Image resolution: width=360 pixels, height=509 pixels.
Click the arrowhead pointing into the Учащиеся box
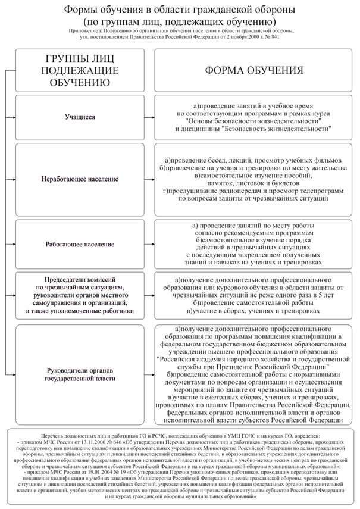(12, 118)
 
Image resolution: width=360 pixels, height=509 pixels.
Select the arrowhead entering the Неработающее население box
(12, 179)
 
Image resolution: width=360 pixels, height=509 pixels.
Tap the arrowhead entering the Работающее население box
(12, 244)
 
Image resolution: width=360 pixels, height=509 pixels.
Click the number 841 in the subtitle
(289, 36)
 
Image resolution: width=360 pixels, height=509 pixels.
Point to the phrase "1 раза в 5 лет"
(315, 293)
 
